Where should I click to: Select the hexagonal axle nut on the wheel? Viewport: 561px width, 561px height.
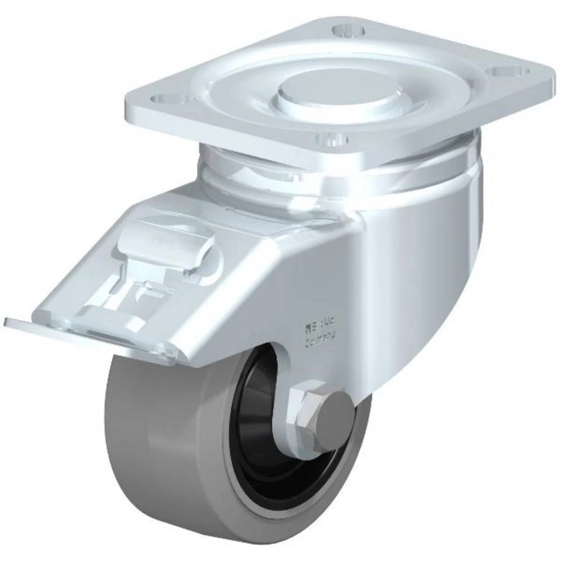[x=306, y=405]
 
